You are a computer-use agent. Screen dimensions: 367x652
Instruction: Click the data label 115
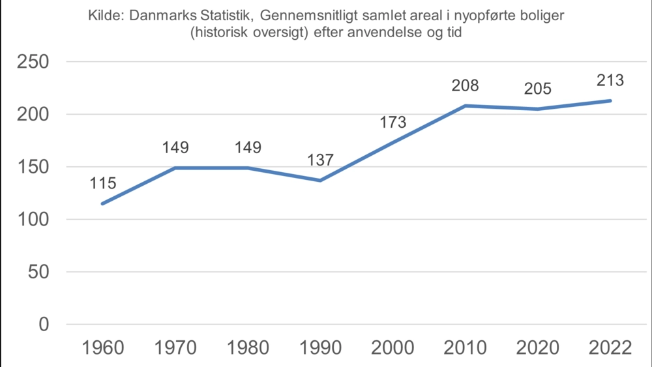pos(103,183)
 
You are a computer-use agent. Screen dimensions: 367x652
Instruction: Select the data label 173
pos(393,122)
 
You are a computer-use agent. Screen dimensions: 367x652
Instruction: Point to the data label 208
pos(466,85)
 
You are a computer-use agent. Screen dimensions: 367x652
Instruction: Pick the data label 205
pos(538,89)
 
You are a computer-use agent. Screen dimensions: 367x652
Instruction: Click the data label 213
pos(610,81)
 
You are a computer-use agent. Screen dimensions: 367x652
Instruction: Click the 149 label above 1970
pos(175,148)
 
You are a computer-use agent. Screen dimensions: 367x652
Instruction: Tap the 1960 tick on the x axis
pos(103,347)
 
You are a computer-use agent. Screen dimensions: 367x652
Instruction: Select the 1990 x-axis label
pos(321,347)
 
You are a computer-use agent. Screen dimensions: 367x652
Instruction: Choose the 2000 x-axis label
pos(393,347)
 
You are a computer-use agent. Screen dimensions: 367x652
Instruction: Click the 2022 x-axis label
pos(610,347)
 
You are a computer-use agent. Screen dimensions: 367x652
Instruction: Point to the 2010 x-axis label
pos(466,347)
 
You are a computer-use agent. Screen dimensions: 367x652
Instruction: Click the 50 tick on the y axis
pos(38,272)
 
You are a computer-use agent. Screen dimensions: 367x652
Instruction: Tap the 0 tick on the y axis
pos(44,325)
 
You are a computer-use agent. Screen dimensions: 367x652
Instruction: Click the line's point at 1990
pos(321,181)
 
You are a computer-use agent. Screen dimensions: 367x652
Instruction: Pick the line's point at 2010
pos(466,106)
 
